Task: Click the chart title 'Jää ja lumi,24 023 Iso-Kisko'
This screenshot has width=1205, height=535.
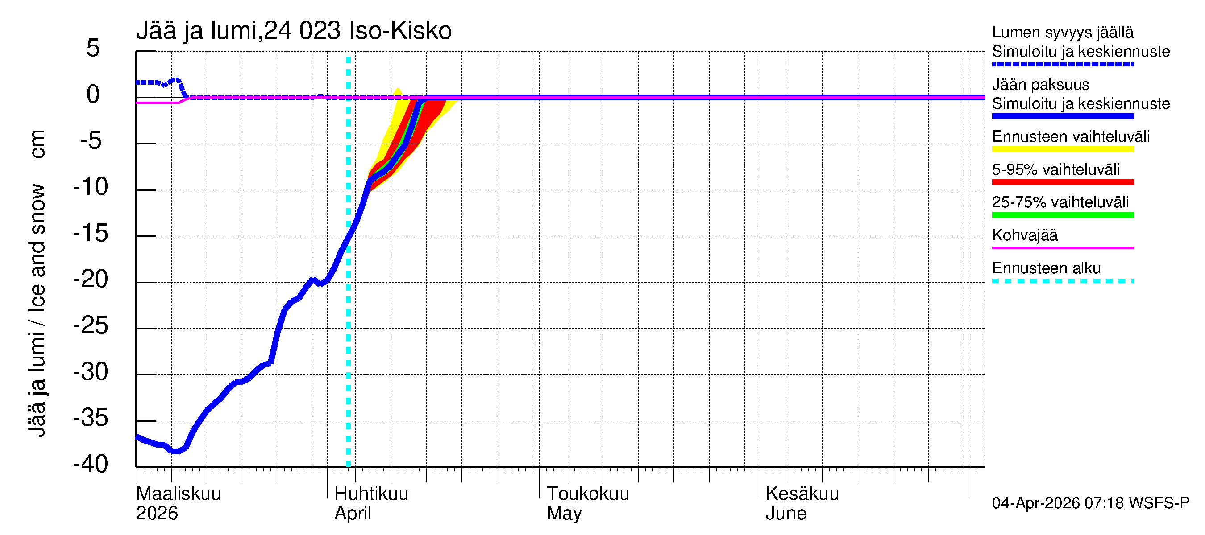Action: point(294,31)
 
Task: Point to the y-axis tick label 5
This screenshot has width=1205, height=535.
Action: point(93,48)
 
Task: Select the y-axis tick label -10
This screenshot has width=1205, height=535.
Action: point(91,187)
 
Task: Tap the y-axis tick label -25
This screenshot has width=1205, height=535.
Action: point(91,325)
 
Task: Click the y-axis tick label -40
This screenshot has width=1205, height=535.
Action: point(91,464)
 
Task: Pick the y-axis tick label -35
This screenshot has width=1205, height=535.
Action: point(91,418)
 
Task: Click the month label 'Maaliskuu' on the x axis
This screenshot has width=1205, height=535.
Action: point(178,494)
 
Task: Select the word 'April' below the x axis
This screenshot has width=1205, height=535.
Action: point(353,513)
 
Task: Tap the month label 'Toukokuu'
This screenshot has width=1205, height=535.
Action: point(588,494)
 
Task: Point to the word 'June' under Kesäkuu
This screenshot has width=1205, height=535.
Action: point(786,513)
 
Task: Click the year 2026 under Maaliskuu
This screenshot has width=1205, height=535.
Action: point(157,513)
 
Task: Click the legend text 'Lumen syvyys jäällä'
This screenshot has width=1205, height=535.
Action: point(1063,32)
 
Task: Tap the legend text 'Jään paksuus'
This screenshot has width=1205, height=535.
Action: point(1041,85)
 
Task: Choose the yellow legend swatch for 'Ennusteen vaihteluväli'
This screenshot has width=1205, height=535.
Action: point(1063,149)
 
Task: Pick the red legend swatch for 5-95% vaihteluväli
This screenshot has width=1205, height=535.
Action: point(1063,182)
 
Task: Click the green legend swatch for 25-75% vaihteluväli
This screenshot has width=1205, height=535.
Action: point(1063,215)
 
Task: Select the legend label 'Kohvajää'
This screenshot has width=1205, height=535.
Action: point(1025,235)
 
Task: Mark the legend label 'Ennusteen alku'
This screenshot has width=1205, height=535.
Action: point(1047,268)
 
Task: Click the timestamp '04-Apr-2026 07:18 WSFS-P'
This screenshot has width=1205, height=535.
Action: point(1090,503)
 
